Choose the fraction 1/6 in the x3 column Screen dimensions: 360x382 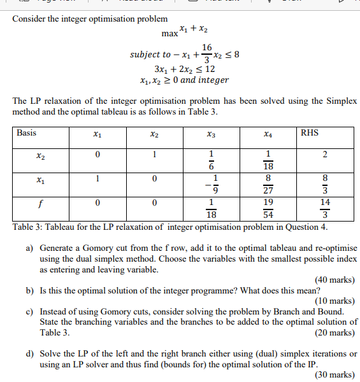(212, 160)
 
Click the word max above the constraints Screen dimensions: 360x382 (169, 32)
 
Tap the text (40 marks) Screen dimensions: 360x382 (335, 279)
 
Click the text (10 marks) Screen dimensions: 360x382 (335, 301)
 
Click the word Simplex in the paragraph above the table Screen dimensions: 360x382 (342, 101)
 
